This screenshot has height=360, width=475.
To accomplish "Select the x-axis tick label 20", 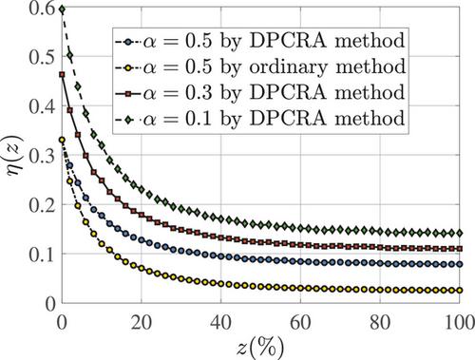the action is click(x=142, y=323).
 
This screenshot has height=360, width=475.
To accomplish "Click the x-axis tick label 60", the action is click(x=300, y=323).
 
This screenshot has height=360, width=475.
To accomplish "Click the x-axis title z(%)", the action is click(x=260, y=348).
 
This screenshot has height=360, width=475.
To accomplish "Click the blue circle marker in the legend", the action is click(x=127, y=42).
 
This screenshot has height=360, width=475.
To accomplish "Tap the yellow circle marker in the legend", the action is click(x=127, y=67).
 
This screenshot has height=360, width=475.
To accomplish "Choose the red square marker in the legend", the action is click(x=127, y=93).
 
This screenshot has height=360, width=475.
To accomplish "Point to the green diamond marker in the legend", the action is click(x=127, y=120).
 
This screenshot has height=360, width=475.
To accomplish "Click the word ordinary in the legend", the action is click(x=288, y=67).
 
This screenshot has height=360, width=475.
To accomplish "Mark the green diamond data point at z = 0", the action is click(x=62, y=9).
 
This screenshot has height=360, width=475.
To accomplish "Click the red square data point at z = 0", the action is click(x=62, y=75).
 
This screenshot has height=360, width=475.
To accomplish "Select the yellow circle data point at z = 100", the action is click(x=460, y=291).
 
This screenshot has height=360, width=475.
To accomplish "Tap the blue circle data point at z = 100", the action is click(x=460, y=264).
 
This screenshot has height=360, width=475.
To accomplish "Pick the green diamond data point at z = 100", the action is click(x=460, y=234).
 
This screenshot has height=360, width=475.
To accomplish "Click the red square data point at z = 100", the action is click(x=460, y=249).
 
